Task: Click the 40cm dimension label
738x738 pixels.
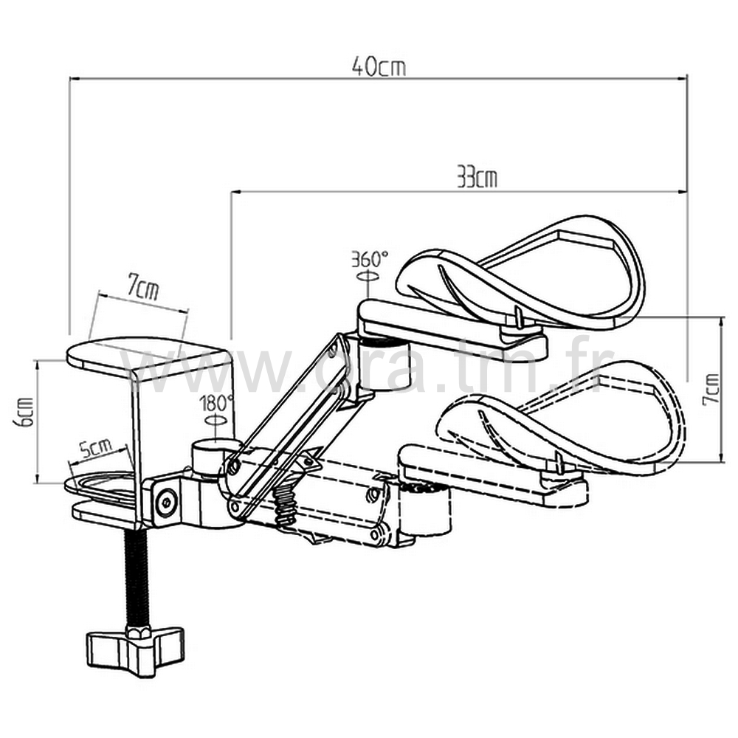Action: [379, 66]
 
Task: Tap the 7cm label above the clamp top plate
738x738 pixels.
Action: [142, 288]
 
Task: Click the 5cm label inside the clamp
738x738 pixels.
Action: [96, 448]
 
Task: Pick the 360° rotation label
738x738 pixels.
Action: [369, 259]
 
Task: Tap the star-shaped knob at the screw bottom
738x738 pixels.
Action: [134, 647]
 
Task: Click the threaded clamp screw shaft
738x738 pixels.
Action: [137, 576]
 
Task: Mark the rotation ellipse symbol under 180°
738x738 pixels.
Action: [215, 419]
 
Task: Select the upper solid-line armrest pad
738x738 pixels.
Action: [531, 273]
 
